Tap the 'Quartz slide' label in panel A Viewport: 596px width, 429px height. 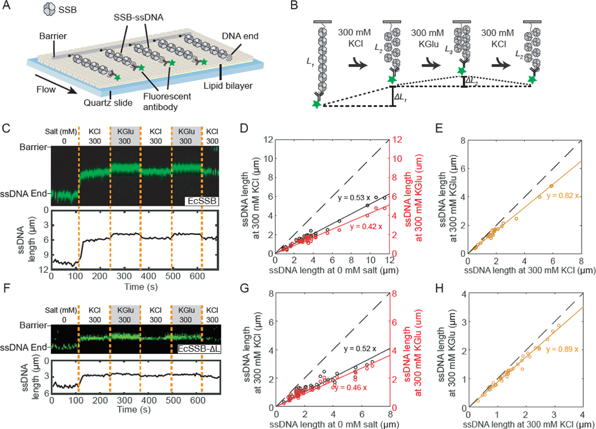[x=108, y=103]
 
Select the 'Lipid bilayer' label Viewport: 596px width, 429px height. [x=228, y=86]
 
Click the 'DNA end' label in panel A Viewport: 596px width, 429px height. [x=240, y=36]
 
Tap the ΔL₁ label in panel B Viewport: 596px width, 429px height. [x=400, y=97]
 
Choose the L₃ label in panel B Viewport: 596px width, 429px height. [x=448, y=50]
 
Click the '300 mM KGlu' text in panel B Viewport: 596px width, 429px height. [x=428, y=38]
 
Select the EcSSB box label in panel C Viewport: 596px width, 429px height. [x=202, y=201]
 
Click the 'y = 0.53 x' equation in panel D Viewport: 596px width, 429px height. [x=354, y=197]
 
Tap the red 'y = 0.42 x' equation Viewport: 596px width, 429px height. [x=366, y=226]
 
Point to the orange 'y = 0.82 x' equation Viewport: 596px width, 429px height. [x=563, y=196]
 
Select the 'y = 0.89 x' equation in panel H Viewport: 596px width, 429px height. [x=562, y=349]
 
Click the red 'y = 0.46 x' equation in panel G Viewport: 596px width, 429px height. [x=351, y=387]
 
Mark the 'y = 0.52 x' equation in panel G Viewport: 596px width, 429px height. [x=360, y=349]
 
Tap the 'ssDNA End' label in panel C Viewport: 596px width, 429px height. [x=23, y=194]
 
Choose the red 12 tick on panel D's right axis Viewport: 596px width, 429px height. [x=397, y=140]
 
